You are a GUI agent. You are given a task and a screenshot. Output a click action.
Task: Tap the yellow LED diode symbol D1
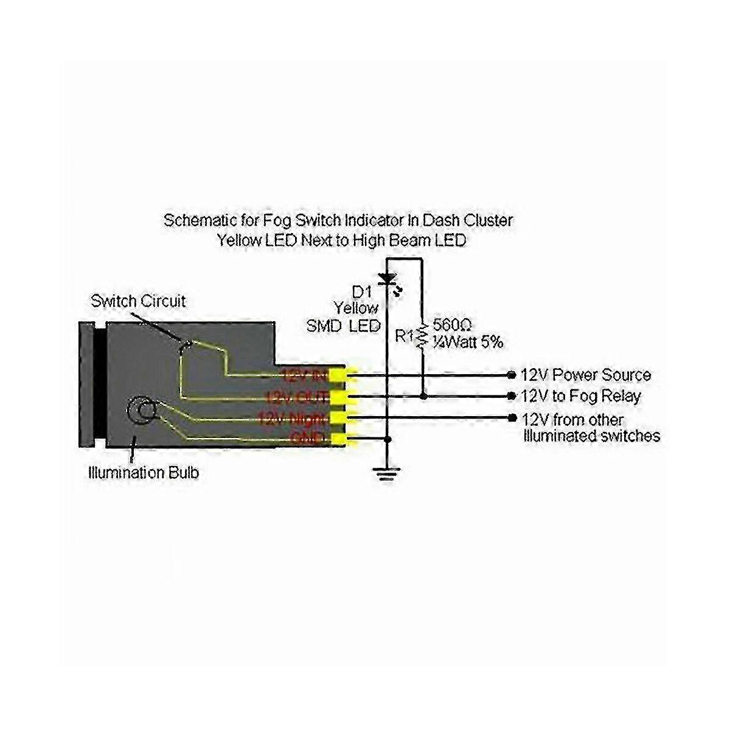tap(386, 279)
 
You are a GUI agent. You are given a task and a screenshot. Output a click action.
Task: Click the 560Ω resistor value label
tap(450, 324)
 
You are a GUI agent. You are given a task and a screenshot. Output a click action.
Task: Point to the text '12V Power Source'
tap(586, 375)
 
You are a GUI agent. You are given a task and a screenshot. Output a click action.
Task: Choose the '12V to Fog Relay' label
tap(581, 397)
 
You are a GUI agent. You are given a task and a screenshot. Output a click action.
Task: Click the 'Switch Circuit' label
tap(138, 301)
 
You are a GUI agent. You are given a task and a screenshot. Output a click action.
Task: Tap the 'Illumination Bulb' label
tap(144, 472)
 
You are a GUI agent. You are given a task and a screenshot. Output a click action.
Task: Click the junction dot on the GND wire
tap(387, 439)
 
